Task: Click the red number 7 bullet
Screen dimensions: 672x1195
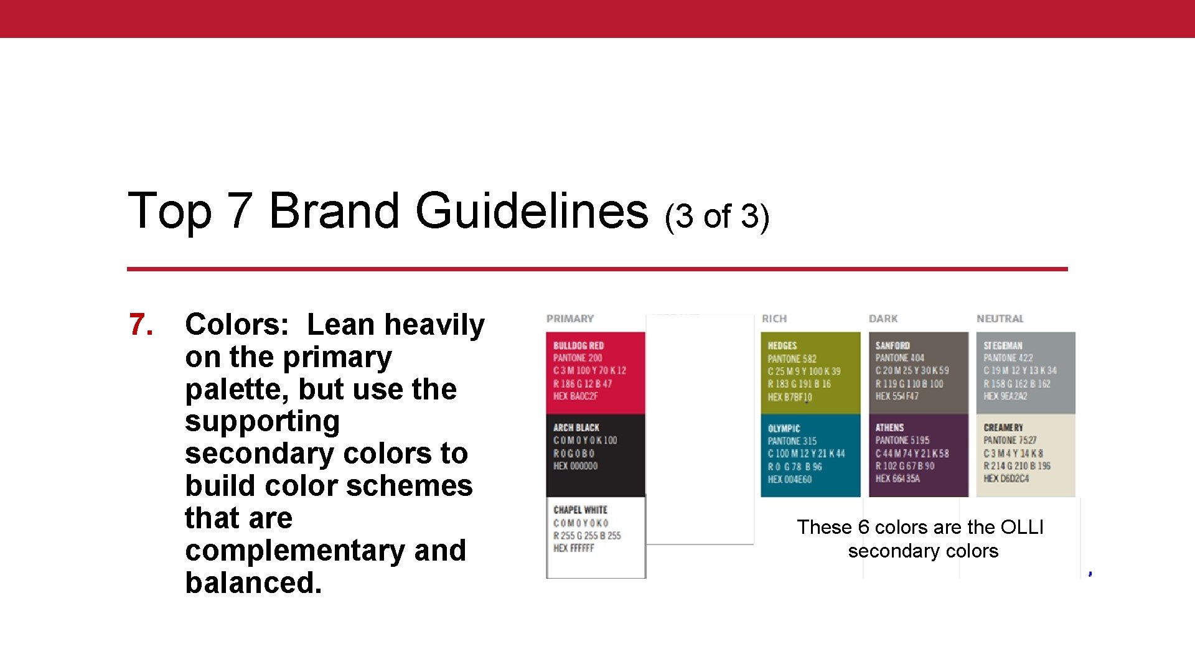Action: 141,325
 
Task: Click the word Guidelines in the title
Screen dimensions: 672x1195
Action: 532,210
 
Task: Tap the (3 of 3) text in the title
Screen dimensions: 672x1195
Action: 717,216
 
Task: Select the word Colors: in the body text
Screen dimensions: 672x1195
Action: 237,325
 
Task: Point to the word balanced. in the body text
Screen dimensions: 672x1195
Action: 253,583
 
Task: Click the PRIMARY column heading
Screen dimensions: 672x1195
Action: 570,319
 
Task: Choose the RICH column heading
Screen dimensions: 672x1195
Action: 774,319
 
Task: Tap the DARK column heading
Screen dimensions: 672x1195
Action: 883,319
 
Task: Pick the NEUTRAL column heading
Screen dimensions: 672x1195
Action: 1000,319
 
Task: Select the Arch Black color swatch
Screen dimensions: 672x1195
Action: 596,455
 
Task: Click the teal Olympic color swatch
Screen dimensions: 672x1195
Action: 810,455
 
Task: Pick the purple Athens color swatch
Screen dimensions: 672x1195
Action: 918,455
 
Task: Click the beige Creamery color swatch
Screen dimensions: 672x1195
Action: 1026,455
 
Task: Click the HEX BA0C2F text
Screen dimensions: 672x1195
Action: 576,396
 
